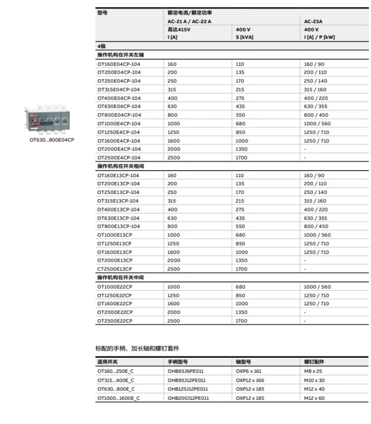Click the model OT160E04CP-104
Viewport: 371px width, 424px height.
point(119,64)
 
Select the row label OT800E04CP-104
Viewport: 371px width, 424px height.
point(119,115)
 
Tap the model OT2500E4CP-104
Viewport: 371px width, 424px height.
point(119,158)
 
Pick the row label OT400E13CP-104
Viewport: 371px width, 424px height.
point(118,209)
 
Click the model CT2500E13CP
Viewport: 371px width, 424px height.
point(115,269)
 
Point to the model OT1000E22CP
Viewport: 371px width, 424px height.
point(115,287)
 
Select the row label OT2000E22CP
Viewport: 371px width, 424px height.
point(115,312)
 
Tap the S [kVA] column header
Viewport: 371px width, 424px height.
point(245,37)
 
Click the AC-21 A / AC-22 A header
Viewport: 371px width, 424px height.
point(189,21)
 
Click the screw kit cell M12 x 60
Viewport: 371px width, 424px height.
point(314,398)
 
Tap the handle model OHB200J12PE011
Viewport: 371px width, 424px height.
point(188,398)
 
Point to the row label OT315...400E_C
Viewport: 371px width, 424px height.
point(116,380)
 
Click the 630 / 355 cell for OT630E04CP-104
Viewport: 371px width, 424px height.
point(315,106)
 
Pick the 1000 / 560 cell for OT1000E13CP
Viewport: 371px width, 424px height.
point(317,235)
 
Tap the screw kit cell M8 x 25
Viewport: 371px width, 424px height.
point(313,372)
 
